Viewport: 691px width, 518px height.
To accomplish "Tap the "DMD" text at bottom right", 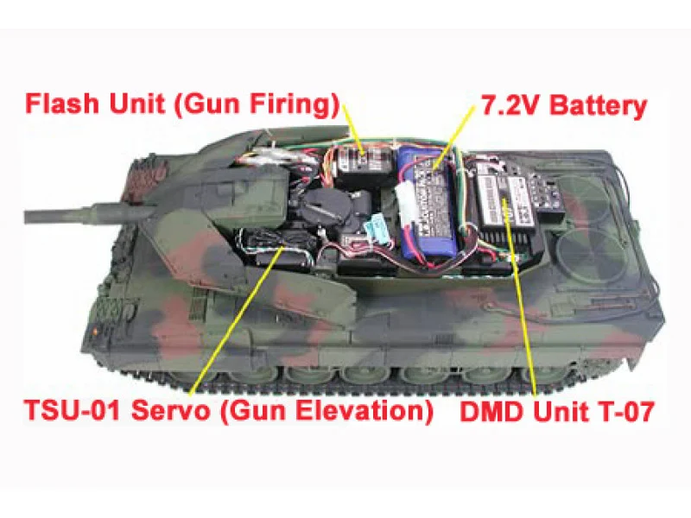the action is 490,411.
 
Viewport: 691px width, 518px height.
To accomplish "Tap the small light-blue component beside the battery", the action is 375,230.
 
